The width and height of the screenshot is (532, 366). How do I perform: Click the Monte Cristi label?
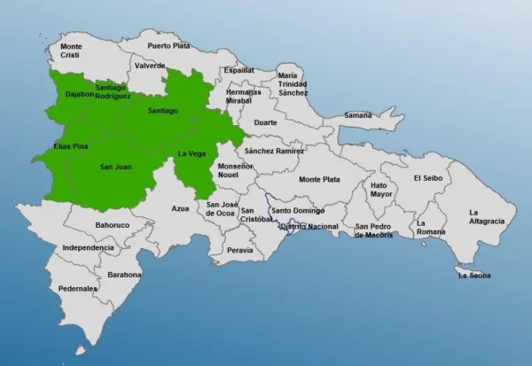pyautogui.click(x=71, y=51)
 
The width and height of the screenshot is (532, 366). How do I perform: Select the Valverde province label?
pyautogui.click(x=150, y=66)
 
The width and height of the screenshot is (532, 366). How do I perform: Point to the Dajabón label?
pyautogui.click(x=79, y=94)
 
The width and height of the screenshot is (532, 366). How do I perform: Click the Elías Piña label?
pyautogui.click(x=70, y=145)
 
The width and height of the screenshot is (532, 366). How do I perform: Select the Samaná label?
pyautogui.click(x=357, y=115)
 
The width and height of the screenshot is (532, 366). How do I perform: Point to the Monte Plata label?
pyautogui.click(x=319, y=179)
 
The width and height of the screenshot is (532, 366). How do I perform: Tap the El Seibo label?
pyautogui.click(x=427, y=178)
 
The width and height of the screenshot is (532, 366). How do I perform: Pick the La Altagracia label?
pyautogui.click(x=487, y=216)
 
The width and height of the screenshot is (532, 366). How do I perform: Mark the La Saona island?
pyautogui.click(x=474, y=274)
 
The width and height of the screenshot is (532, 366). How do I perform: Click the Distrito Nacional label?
pyautogui.click(x=308, y=227)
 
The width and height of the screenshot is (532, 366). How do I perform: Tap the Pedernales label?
pyautogui.click(x=78, y=289)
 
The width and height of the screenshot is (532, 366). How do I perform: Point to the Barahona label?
pyautogui.click(x=124, y=275)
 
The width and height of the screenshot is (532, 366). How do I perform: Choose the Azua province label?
pyautogui.click(x=180, y=208)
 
